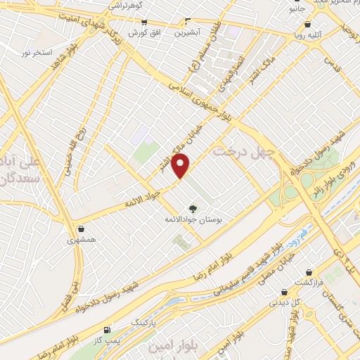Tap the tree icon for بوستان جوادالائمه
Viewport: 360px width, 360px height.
193,208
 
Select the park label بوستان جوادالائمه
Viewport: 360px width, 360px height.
193,220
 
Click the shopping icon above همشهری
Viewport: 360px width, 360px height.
82,229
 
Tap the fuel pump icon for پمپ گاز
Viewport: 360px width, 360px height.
106,329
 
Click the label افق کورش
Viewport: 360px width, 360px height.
143,32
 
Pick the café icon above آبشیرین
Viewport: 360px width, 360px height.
187,21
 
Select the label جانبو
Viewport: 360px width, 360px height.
297,11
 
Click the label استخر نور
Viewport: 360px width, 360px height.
36,53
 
